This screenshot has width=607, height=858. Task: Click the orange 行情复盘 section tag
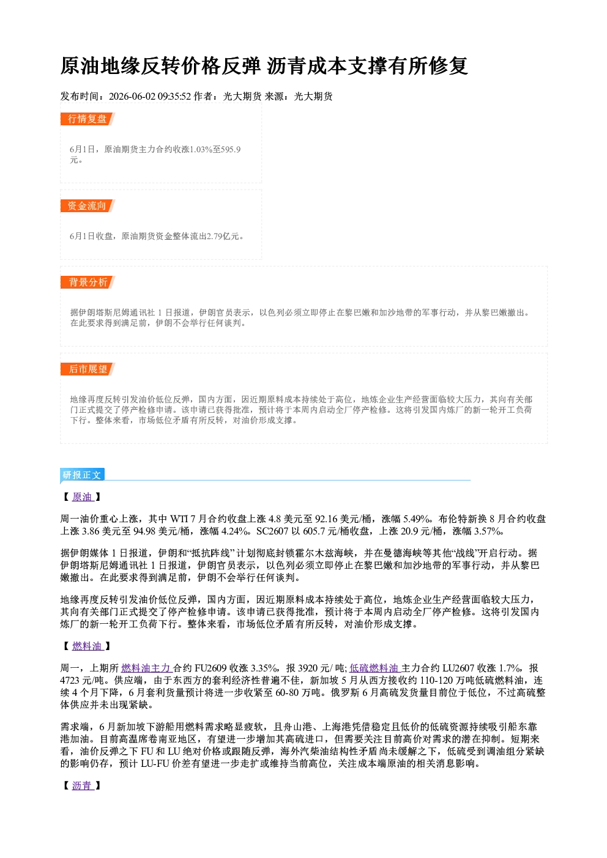point(88,119)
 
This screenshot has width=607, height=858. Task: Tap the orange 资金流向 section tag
point(88,205)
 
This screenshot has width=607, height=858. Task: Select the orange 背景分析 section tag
point(88,283)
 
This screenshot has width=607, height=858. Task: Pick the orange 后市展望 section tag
point(88,369)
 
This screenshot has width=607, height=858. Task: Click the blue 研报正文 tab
point(82,475)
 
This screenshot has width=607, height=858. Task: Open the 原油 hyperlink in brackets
point(83,497)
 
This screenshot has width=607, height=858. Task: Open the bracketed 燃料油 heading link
point(88,646)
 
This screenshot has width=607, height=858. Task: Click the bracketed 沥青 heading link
point(83,786)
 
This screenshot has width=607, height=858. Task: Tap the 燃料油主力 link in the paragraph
point(146,668)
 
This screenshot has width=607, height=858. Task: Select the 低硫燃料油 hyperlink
point(374,668)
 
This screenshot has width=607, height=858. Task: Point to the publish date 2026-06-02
point(132,97)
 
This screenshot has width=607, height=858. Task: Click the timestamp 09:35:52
point(174,97)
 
